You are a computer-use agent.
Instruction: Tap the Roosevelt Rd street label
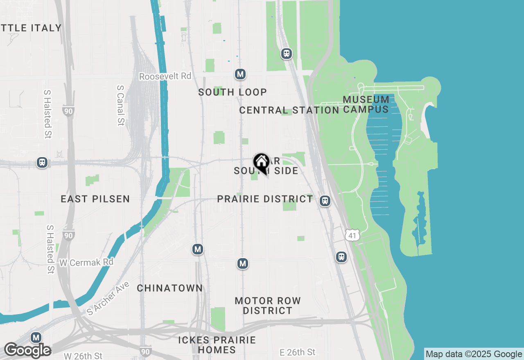165,76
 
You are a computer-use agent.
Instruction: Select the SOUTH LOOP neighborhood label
233,92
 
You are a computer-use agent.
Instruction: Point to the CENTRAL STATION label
289,110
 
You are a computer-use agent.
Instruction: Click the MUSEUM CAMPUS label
366,104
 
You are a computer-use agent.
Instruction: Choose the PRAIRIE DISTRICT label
265,199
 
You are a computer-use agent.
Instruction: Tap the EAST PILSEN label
95,199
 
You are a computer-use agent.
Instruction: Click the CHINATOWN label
170,288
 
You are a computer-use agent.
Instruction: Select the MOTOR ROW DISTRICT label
268,306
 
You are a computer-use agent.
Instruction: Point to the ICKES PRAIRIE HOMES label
217,345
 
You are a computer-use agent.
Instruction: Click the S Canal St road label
120,105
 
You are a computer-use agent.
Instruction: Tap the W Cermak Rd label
86,262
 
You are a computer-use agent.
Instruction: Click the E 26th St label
298,352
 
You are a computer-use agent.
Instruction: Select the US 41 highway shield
352,235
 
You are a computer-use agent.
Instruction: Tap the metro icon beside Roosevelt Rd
240,74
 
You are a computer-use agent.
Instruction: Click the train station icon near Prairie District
325,201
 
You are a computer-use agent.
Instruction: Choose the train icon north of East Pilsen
42,162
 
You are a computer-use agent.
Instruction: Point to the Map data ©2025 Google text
474,354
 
